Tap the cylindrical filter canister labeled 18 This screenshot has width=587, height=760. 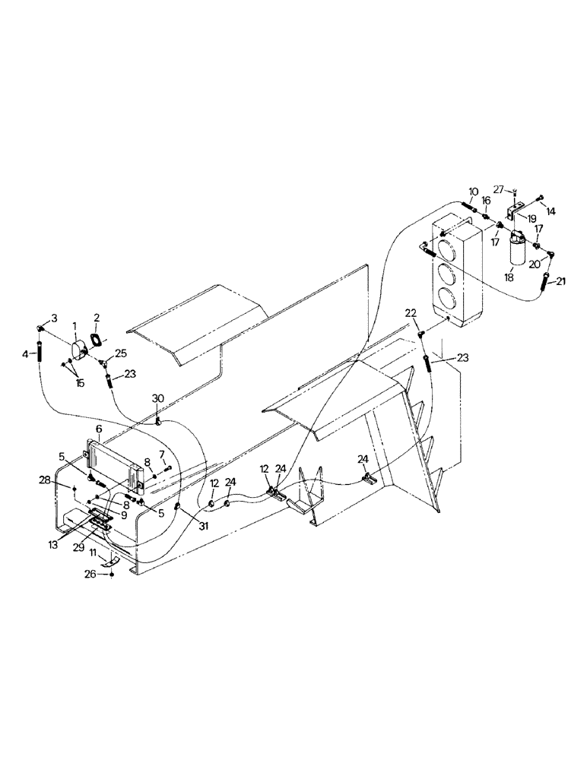tap(518, 249)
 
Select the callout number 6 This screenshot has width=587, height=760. tap(98, 429)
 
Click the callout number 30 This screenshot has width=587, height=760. tap(157, 398)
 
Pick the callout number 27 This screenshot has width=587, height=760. tap(499, 188)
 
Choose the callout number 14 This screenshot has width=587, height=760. tap(551, 211)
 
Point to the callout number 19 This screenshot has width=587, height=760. tap(533, 218)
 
